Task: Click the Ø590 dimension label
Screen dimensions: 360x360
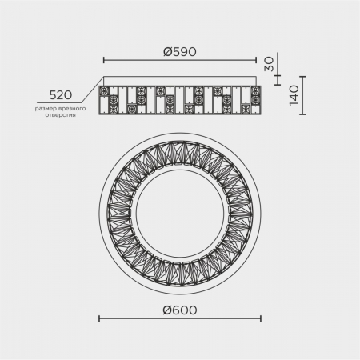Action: pyautogui.click(x=180, y=52)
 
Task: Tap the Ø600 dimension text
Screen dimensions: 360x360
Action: pyautogui.click(x=180, y=310)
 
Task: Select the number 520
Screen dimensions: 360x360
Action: pyautogui.click(x=61, y=95)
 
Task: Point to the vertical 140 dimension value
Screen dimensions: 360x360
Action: pyautogui.click(x=294, y=95)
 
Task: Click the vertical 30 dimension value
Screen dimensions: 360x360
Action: pyautogui.click(x=269, y=64)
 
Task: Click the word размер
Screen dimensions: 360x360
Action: pyautogui.click(x=44, y=109)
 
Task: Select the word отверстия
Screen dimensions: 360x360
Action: pyautogui.click(x=60, y=115)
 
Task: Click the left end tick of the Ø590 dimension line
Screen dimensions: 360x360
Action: pyautogui.click(x=104, y=60)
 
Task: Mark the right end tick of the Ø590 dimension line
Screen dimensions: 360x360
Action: pyautogui.click(x=256, y=60)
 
